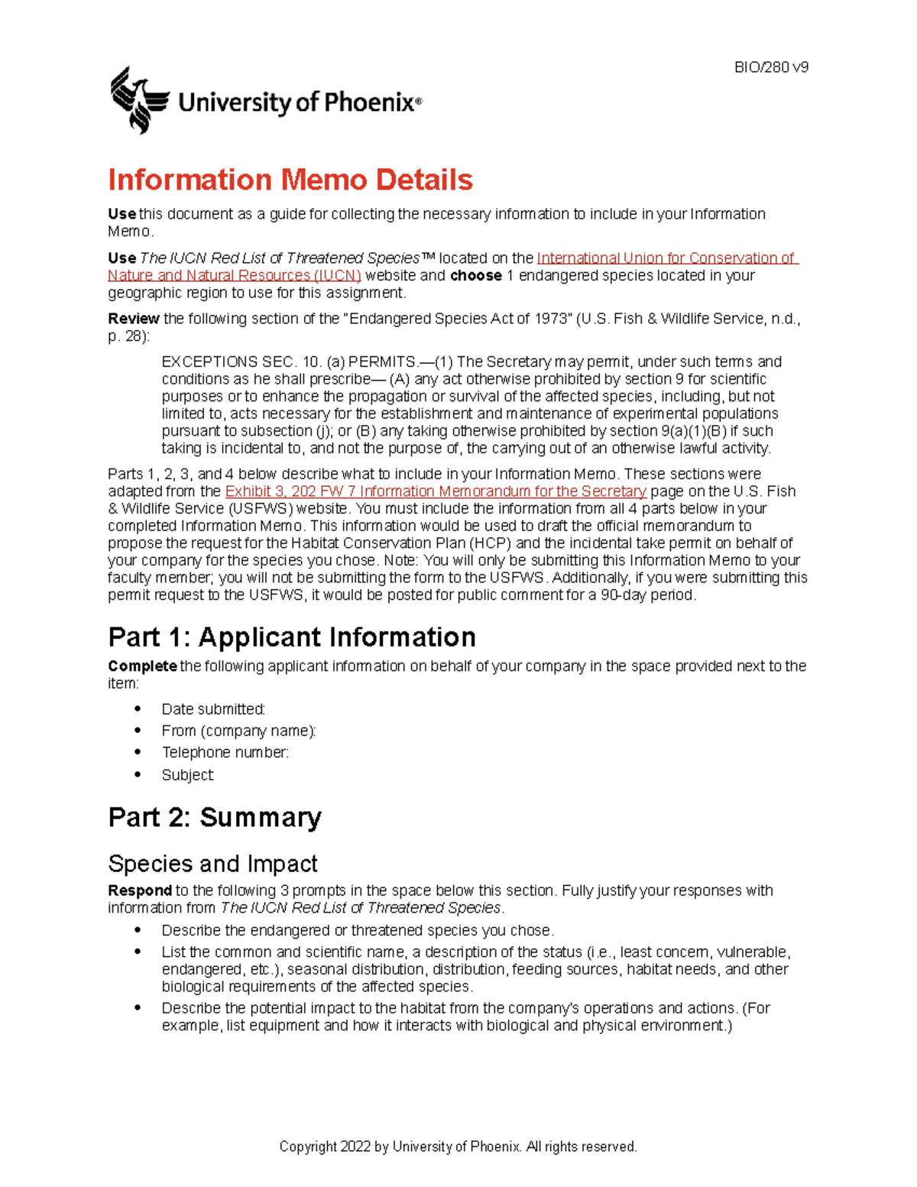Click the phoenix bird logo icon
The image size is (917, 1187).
pos(138,100)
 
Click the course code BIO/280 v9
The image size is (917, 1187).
pos(771,67)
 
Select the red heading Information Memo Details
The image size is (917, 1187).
pos(290,180)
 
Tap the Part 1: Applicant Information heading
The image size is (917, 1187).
pos(292,637)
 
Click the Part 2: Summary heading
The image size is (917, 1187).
pos(215,817)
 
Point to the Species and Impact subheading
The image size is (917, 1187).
pos(212,864)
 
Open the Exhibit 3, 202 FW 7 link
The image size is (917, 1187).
pos(436,491)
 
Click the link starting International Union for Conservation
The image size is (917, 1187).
pos(666,258)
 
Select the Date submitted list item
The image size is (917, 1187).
pos(213,709)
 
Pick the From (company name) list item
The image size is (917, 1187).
pos(238,731)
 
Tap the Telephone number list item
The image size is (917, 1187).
pos(225,752)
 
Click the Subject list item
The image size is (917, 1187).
pos(187,775)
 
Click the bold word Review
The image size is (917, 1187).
pos(133,319)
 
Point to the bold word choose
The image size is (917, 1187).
pos(475,276)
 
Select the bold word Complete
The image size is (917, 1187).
pos(142,666)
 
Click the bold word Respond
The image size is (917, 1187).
pos(140,890)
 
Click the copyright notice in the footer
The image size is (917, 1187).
pos(458,1146)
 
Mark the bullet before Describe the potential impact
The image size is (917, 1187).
pos(138,1008)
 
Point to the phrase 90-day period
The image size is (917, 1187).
pos(648,595)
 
